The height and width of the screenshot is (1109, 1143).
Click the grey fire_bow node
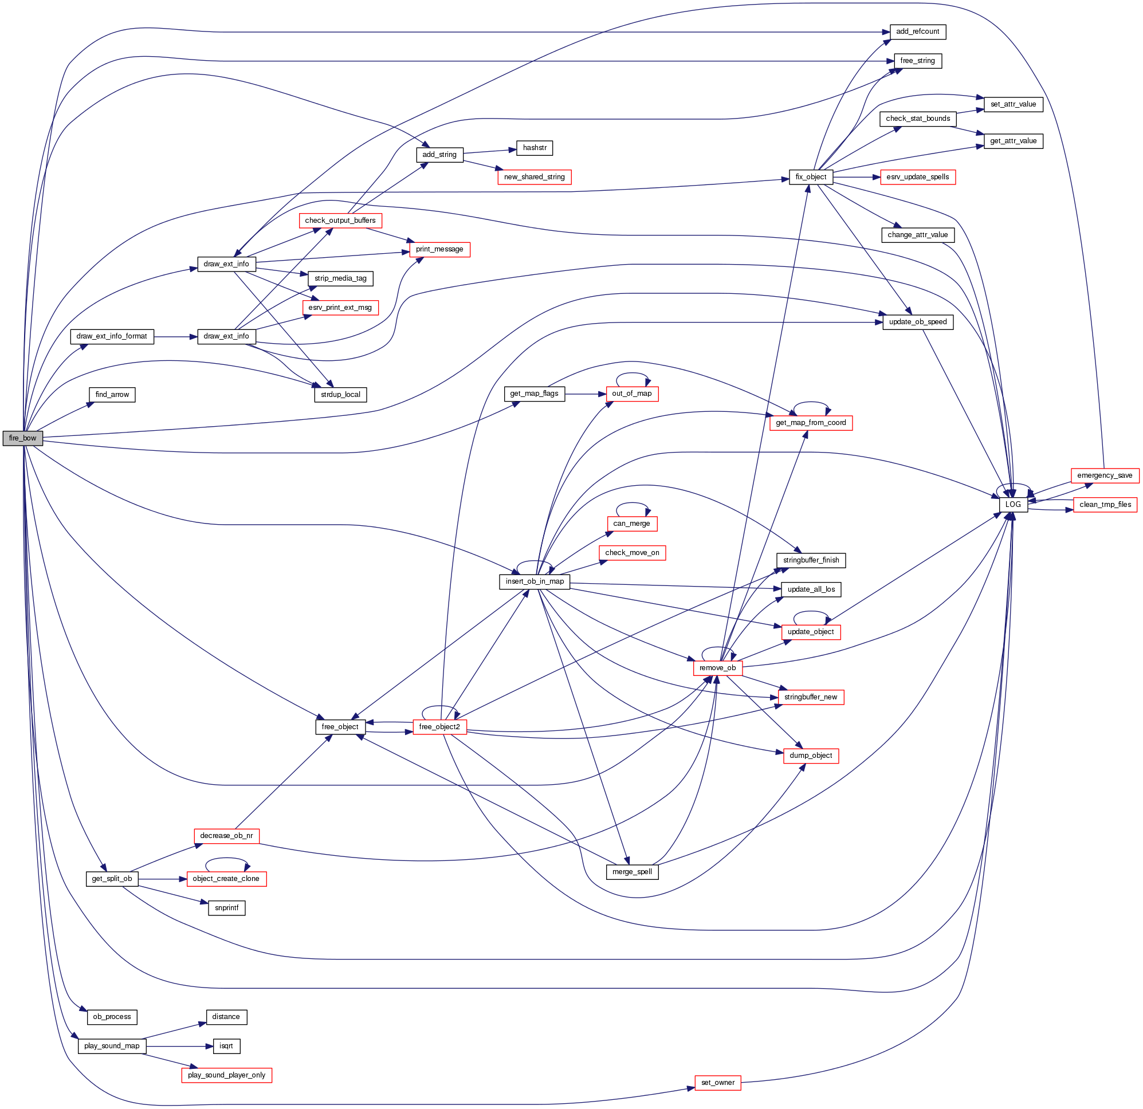[x=23, y=438]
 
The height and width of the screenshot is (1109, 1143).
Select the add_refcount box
[x=917, y=32]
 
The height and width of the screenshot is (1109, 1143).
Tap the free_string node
[x=917, y=61]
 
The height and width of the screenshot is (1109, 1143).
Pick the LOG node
[x=1013, y=504]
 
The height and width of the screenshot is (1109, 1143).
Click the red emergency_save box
[x=1105, y=475]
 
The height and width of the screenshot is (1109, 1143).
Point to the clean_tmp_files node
[x=1105, y=504]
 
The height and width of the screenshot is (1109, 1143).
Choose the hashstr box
[x=534, y=148]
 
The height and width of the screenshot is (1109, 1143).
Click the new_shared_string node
[x=534, y=176]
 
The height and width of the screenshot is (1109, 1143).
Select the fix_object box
[x=811, y=176]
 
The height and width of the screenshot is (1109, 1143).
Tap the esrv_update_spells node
[x=917, y=176]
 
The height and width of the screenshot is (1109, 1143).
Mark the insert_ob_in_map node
[x=535, y=581]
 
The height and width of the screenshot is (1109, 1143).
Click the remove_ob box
[x=717, y=667]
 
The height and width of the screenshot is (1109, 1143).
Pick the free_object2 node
[x=439, y=726]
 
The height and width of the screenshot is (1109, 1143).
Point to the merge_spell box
[x=632, y=872]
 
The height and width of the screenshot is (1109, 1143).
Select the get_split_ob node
[x=112, y=879]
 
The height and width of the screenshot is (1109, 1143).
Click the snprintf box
[x=226, y=908]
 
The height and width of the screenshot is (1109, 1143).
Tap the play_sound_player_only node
[x=226, y=1075]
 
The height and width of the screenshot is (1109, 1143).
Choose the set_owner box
[x=717, y=1083]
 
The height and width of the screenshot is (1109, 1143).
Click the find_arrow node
[x=112, y=395]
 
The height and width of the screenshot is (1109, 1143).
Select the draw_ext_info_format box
[x=112, y=336]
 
